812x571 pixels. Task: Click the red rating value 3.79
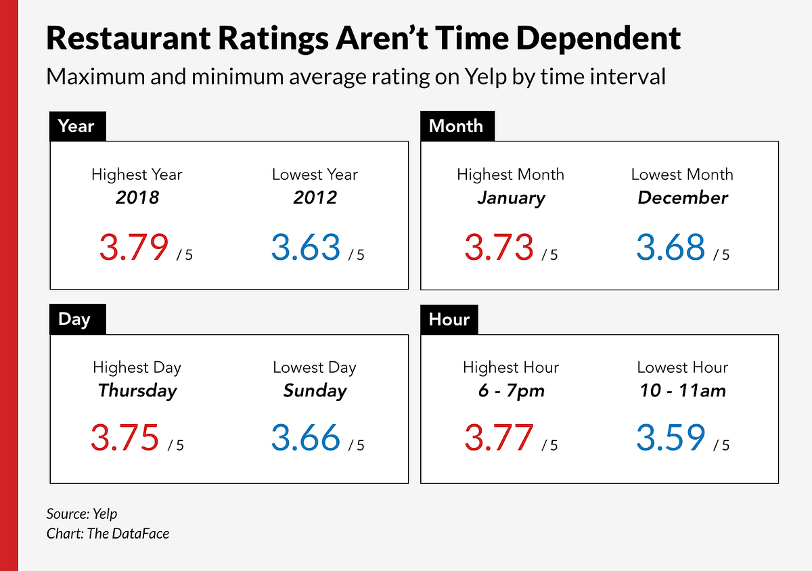click(133, 247)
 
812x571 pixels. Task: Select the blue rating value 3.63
click(306, 247)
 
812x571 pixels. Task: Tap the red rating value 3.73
click(499, 247)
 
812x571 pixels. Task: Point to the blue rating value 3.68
click(671, 247)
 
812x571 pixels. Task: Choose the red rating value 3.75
click(125, 438)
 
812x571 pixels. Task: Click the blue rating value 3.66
click(306, 438)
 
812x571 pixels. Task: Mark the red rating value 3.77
click(499, 438)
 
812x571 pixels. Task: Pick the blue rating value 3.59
click(671, 438)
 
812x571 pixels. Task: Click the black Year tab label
click(76, 127)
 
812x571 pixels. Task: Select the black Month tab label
click(457, 127)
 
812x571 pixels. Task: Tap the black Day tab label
click(75, 319)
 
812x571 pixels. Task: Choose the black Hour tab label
click(449, 319)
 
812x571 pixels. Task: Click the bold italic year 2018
click(137, 198)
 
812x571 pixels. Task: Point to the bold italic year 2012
click(315, 198)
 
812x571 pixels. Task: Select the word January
click(510, 198)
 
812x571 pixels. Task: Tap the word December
click(682, 198)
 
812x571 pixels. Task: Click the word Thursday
click(137, 390)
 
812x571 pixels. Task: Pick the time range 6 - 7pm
click(510, 390)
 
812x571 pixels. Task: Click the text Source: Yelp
click(82, 513)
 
